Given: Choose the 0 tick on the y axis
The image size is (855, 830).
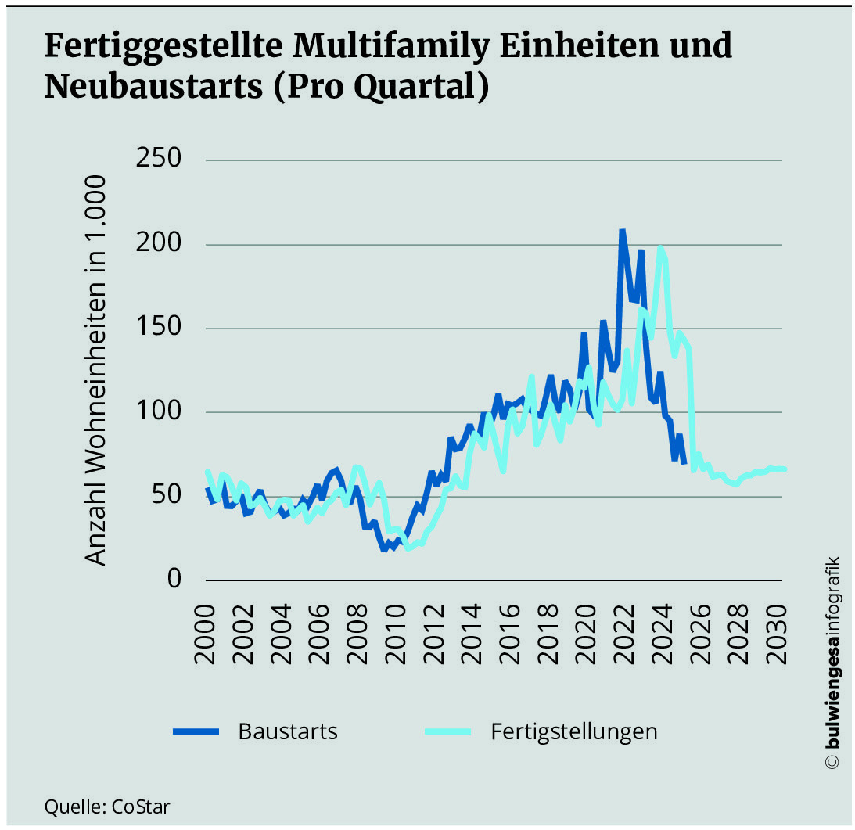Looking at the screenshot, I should (x=173, y=579).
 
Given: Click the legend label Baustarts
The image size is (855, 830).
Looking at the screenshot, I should (x=288, y=731).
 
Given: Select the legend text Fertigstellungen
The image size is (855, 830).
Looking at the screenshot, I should (x=574, y=731).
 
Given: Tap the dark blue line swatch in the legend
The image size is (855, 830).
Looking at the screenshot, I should (x=196, y=731).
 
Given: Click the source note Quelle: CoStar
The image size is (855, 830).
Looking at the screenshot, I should (x=107, y=806).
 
